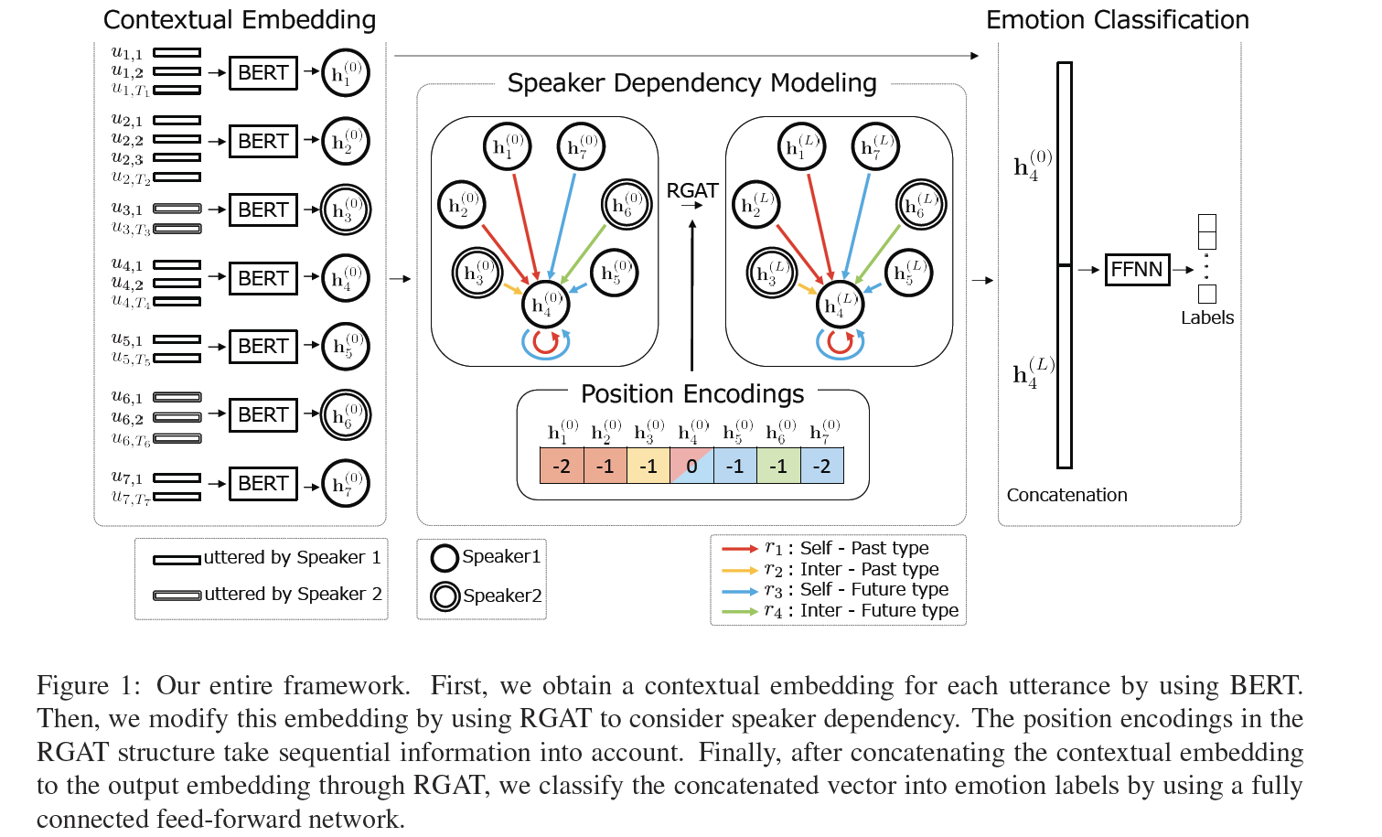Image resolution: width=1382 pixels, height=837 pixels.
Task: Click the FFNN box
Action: (1137, 270)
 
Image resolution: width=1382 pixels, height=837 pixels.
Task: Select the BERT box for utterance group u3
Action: (262, 210)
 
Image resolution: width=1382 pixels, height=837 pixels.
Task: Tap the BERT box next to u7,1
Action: (262, 484)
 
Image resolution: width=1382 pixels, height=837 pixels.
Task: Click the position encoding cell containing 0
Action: (691, 467)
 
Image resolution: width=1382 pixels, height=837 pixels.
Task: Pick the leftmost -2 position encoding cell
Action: (562, 467)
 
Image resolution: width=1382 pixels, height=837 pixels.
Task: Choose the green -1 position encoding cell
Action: (778, 467)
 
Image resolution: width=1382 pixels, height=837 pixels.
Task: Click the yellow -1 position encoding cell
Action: (648, 467)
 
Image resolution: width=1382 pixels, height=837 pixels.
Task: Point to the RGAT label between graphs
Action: (692, 191)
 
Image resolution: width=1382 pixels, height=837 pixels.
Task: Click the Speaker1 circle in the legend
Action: (445, 558)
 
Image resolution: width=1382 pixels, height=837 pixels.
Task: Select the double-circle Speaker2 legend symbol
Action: (445, 596)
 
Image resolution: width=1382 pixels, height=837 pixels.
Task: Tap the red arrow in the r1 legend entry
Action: (739, 549)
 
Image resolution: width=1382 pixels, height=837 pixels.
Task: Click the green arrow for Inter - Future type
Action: (739, 611)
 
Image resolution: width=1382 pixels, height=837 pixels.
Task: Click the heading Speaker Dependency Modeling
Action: (691, 83)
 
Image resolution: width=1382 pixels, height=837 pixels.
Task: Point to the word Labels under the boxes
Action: (1206, 318)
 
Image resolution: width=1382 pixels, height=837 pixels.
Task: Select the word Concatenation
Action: (1066, 495)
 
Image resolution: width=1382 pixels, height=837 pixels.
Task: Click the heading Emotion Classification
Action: (1117, 20)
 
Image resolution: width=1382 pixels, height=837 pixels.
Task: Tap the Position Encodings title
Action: (692, 394)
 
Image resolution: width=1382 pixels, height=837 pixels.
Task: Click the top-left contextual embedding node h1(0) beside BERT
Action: (346, 73)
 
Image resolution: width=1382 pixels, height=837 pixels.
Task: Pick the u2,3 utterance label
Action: (127, 159)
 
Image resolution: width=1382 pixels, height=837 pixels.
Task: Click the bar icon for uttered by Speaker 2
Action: (177, 596)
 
